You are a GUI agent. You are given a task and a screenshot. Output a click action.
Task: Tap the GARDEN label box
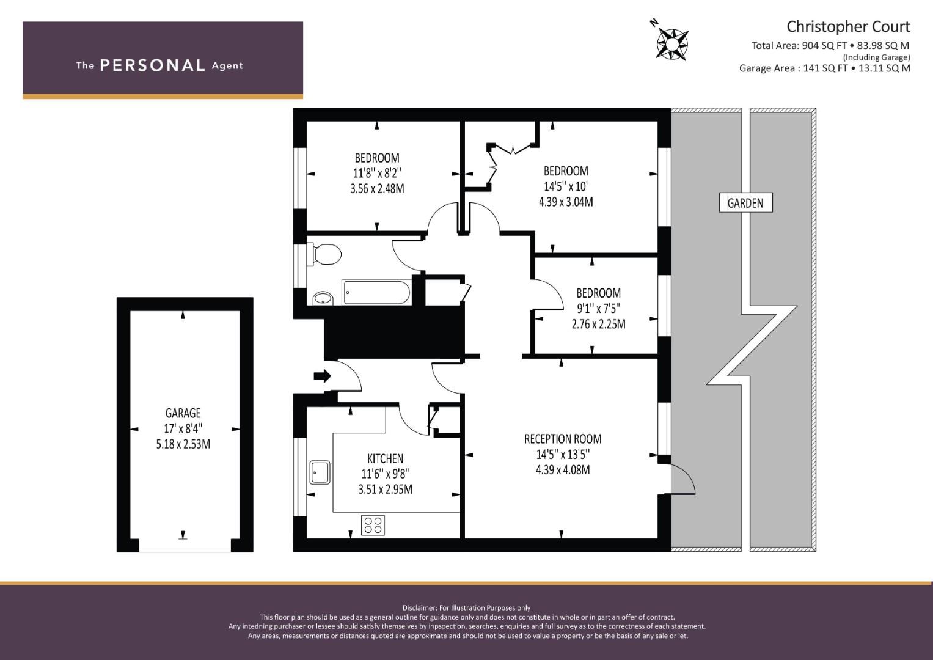coord(745,202)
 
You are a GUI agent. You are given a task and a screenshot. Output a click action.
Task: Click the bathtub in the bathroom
coord(376,293)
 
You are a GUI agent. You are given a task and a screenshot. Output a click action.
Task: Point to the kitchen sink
coord(320,472)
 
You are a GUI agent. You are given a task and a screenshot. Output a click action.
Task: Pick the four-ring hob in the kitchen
coord(373,526)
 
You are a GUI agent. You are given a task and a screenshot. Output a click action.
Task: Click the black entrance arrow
coord(322,376)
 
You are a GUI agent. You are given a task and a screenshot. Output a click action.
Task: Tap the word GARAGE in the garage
coord(183,413)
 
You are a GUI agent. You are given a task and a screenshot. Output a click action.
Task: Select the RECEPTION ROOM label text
coord(563,439)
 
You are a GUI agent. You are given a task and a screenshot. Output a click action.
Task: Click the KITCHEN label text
coord(386,459)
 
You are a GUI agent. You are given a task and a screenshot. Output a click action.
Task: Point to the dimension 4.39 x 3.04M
coord(566,202)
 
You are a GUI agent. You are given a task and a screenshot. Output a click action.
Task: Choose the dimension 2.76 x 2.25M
coord(599,324)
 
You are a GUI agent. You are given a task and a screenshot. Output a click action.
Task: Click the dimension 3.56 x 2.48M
coord(377,188)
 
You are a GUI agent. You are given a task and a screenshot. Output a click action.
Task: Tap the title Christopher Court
coord(848,27)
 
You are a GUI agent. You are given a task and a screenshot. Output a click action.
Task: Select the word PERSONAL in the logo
coord(153,65)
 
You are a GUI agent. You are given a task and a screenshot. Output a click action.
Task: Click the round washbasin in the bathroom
coord(323,298)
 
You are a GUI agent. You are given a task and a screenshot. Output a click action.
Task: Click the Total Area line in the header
coord(830,45)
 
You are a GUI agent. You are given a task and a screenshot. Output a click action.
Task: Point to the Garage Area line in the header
coord(825,68)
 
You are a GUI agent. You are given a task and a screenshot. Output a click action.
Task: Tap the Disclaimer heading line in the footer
coord(467,608)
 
